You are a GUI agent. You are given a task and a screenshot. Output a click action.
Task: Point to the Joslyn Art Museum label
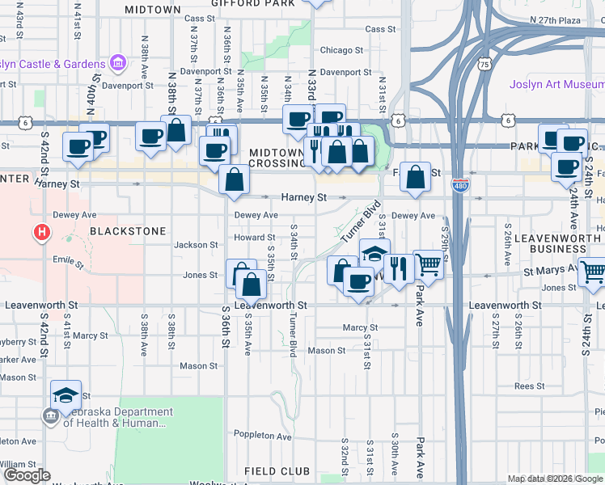556,84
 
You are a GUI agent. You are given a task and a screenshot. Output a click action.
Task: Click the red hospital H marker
41,234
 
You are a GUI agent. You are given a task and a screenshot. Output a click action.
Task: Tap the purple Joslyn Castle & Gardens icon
118,63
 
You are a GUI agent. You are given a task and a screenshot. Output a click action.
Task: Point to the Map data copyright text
555,479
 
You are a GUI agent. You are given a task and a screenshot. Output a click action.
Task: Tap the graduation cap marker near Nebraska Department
66,394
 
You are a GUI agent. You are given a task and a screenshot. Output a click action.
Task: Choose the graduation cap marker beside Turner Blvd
374,254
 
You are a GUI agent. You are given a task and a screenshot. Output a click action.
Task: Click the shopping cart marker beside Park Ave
428,264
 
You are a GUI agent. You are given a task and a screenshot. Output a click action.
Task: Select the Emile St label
67,261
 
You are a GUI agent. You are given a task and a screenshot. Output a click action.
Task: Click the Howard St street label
255,238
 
